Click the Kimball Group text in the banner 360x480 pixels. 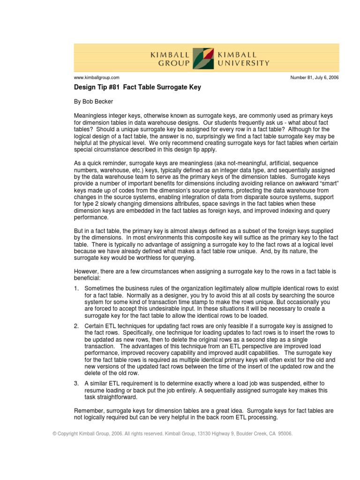coord(170,59)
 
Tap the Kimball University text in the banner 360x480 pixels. coord(243,59)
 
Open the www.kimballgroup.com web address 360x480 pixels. coord(97,77)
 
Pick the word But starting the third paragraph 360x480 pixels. coord(80,231)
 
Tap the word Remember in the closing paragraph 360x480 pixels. coord(90,411)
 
